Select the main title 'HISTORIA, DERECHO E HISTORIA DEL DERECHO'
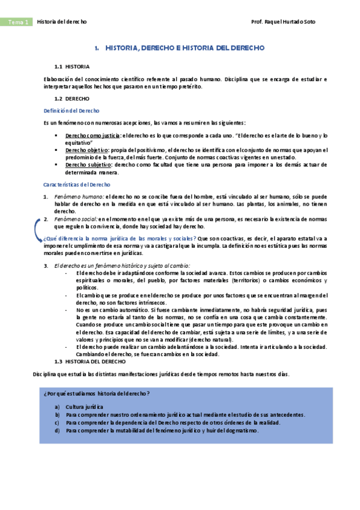click(180, 48)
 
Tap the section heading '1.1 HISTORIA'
click(72, 66)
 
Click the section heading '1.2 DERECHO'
click(72, 98)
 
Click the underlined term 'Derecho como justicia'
click(93, 137)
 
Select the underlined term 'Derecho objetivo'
click(87, 150)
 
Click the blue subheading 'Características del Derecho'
click(77, 185)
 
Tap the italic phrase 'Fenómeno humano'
click(79, 197)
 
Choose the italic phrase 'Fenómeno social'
click(76, 219)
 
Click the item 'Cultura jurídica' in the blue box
click(85, 407)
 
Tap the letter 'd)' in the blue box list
click(57, 431)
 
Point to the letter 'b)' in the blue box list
click(57, 415)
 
